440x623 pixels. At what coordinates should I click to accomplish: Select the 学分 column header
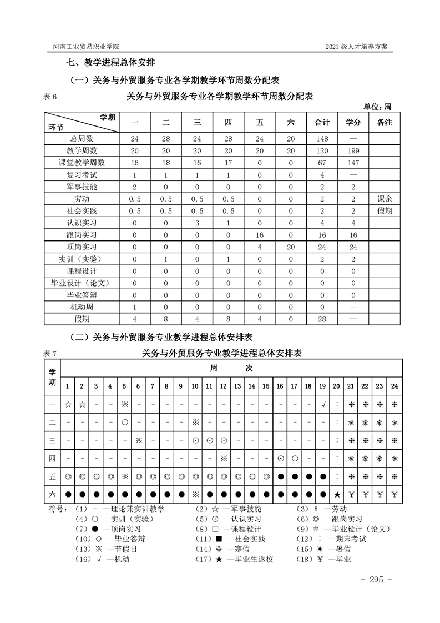tap(353, 122)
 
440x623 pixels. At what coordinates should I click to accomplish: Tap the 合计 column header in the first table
tap(322, 122)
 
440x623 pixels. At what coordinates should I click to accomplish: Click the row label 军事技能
tap(82, 187)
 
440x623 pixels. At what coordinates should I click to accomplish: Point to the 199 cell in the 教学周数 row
tap(353, 150)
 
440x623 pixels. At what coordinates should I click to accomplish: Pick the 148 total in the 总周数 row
tap(322, 138)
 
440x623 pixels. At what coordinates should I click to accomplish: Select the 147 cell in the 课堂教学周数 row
tap(353, 163)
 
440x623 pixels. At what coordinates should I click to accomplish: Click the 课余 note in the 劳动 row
tap(385, 199)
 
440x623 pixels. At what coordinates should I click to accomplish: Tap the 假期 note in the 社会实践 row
tap(385, 211)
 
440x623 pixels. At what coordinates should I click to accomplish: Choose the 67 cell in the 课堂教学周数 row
tap(322, 163)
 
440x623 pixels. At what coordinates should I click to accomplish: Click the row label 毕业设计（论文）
tap(82, 283)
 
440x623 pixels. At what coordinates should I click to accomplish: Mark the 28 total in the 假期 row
tap(322, 319)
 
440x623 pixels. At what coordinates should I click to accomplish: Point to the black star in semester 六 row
tap(337, 495)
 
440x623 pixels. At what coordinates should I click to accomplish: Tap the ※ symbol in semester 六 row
tap(195, 495)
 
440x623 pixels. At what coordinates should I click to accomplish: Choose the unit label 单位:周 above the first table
tap(378, 107)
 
